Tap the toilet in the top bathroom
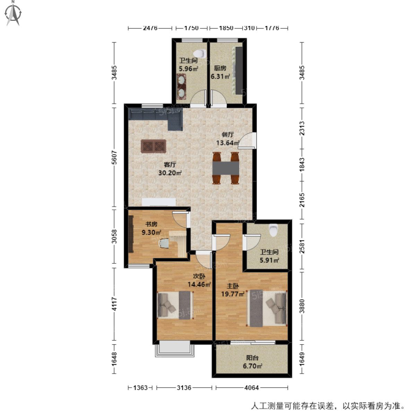[x=199, y=54]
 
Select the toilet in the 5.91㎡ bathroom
[x=274, y=230]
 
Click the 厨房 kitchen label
[x=220, y=68]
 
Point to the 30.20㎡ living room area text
[x=170, y=173]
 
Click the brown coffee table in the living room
[x=153, y=146]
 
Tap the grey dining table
[x=226, y=168]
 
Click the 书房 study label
[x=151, y=224]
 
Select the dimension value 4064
[x=252, y=388]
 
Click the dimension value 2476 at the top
[x=150, y=28]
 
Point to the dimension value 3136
[x=184, y=388]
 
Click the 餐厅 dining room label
[x=228, y=135]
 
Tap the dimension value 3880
[x=302, y=306]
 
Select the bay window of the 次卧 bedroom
[x=175, y=349]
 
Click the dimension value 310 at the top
[x=249, y=28]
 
